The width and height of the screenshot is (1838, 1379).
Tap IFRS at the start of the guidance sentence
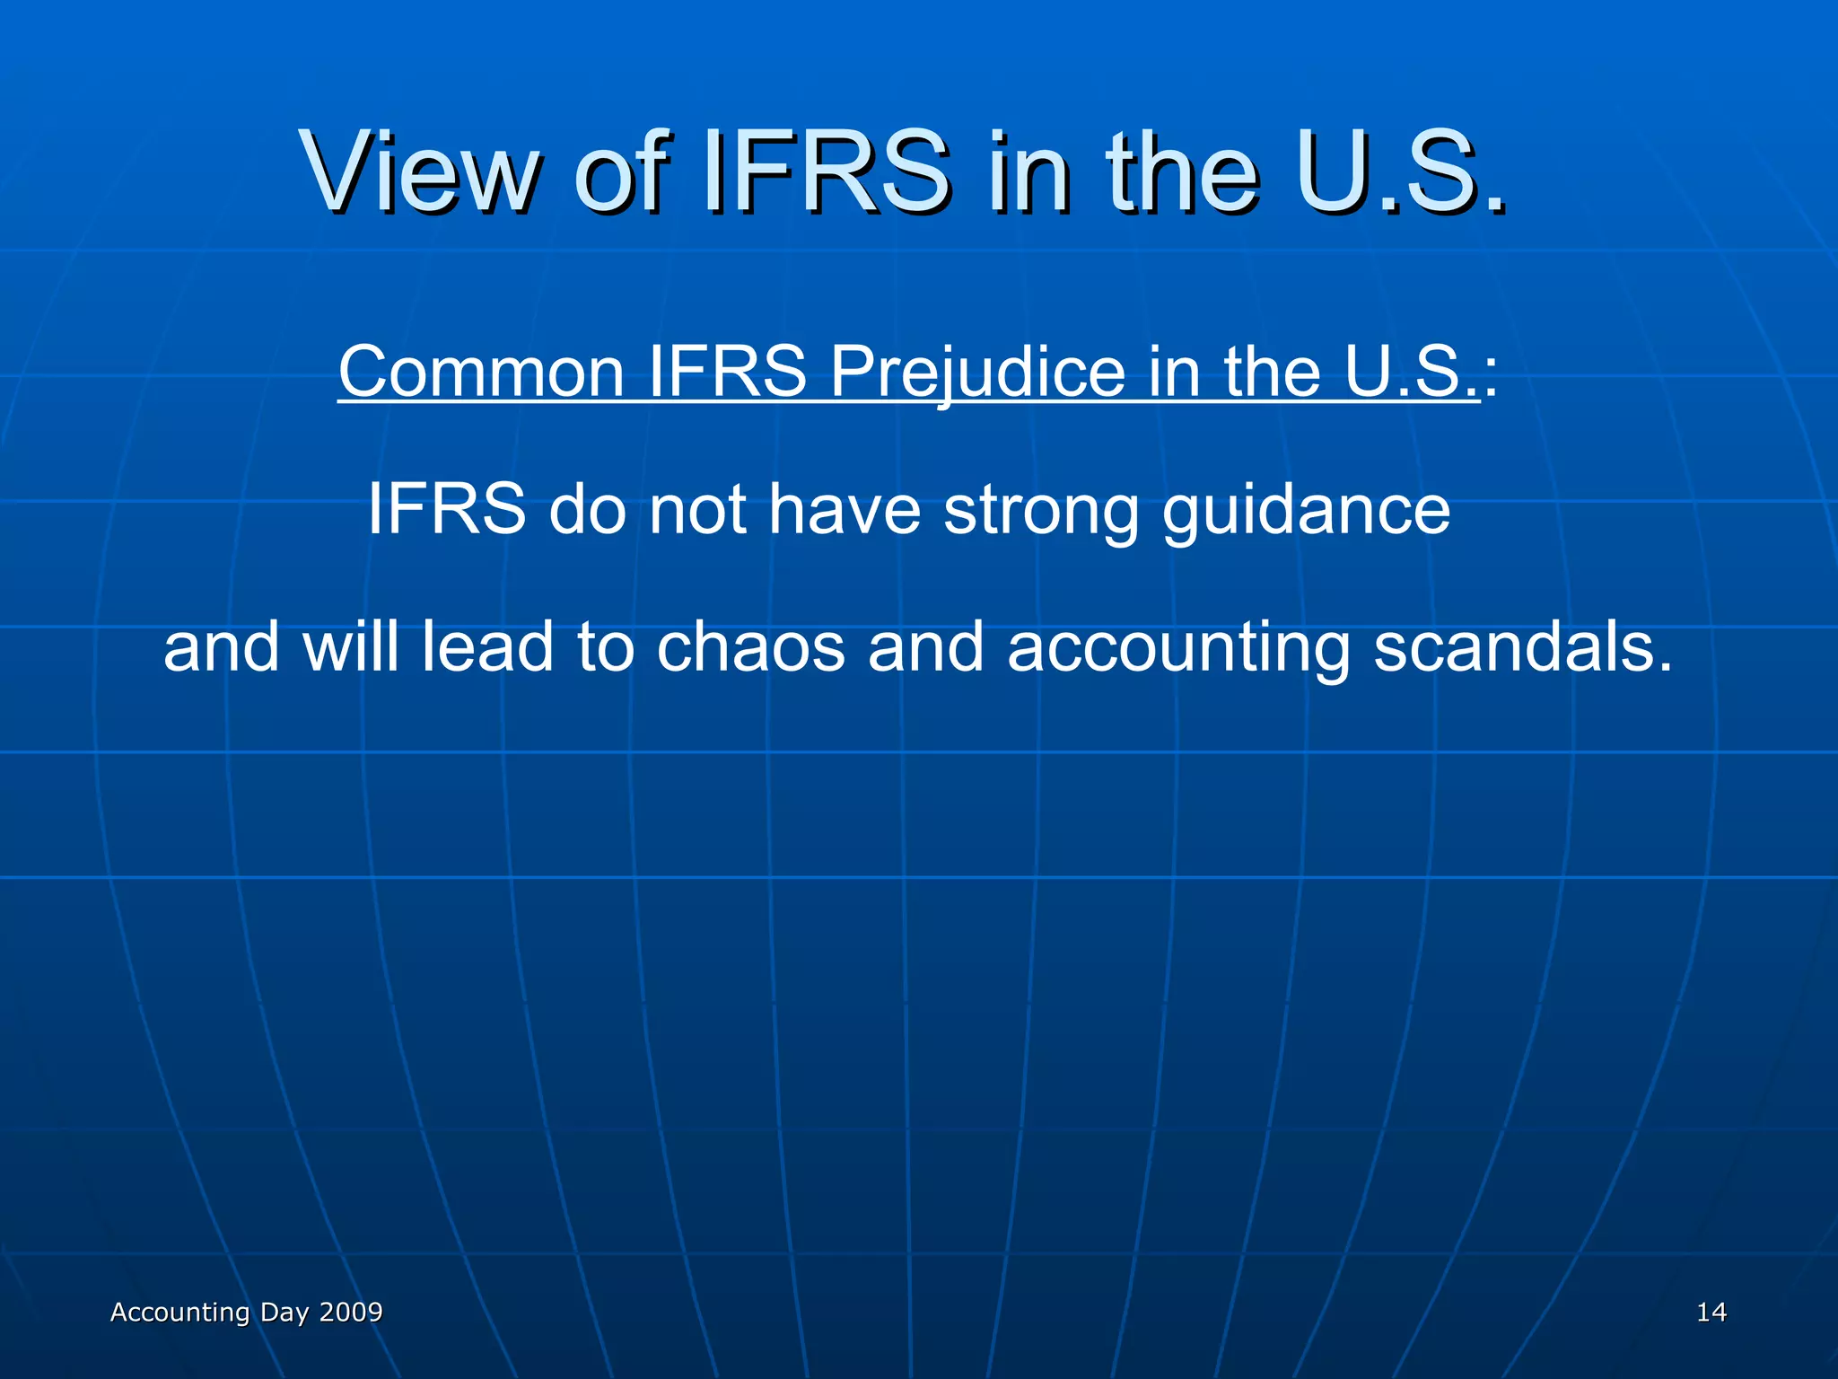click(446, 509)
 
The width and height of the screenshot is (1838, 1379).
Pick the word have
click(845, 509)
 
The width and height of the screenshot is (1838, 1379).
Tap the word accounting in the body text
click(1178, 648)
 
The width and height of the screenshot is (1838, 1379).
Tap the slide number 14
click(1711, 1313)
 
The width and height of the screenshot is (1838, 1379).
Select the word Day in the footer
click(284, 1313)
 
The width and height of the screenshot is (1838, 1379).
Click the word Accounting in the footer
click(179, 1313)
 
